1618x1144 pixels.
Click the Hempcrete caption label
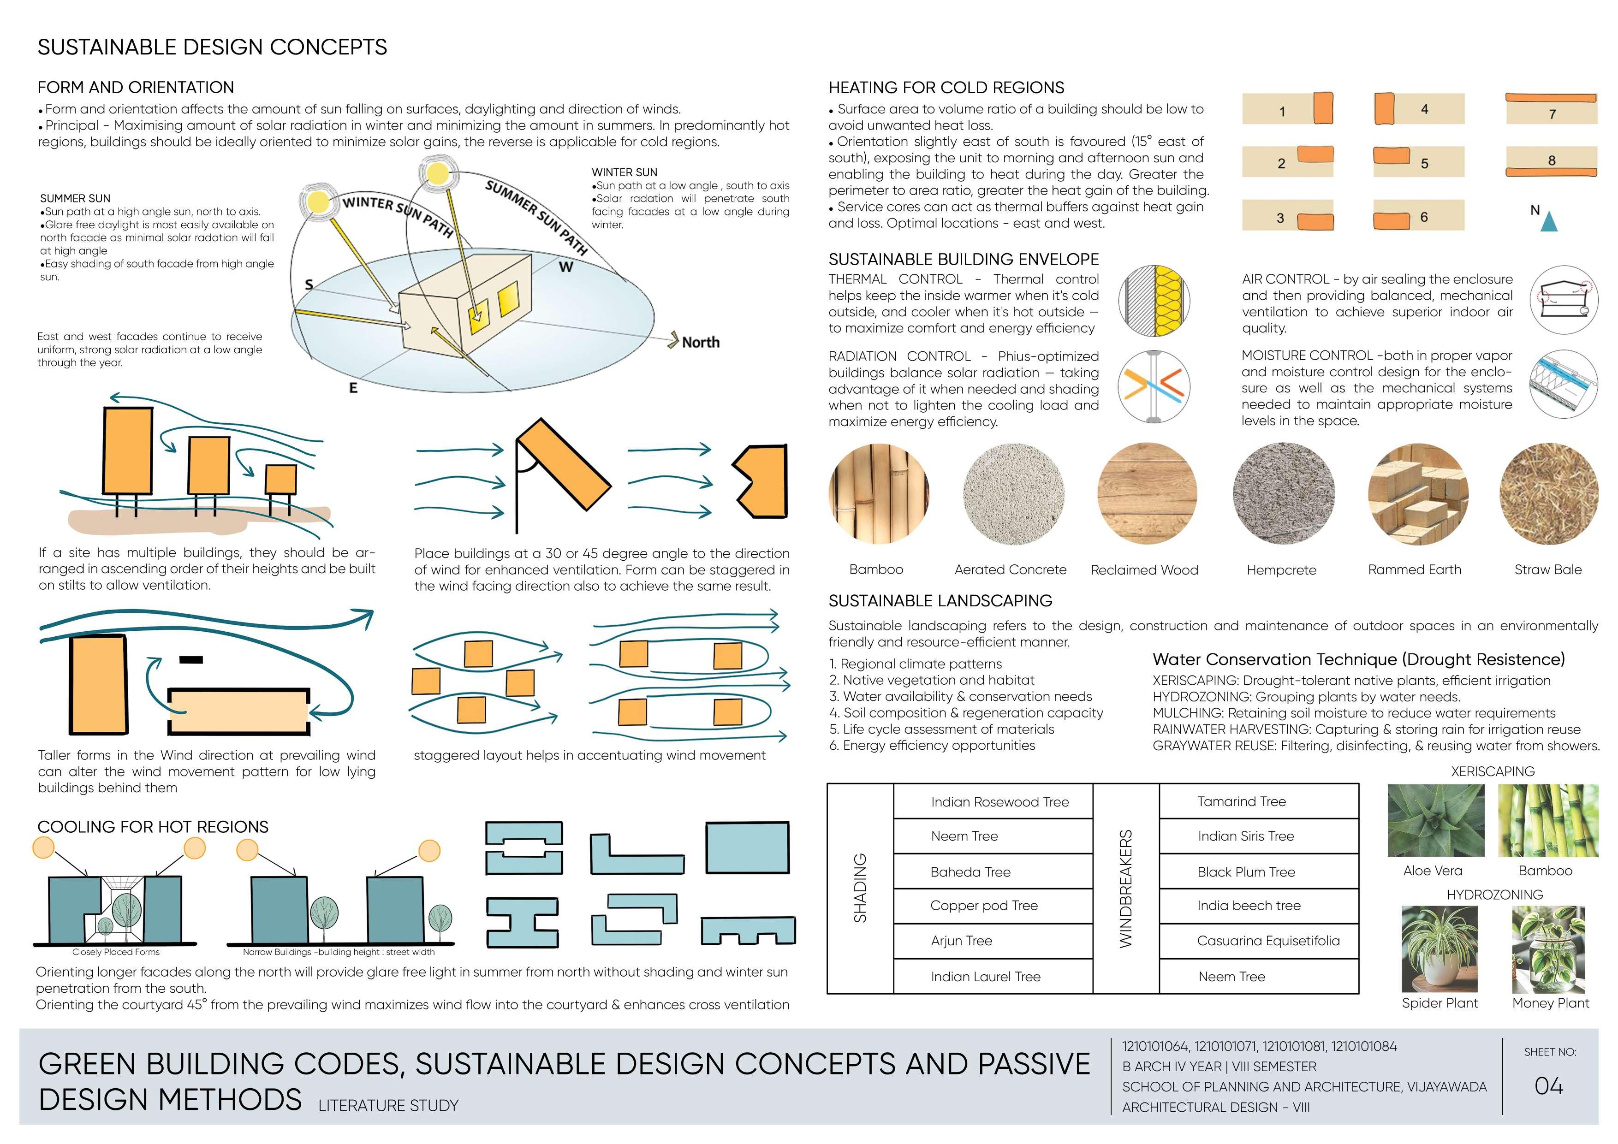(x=1281, y=570)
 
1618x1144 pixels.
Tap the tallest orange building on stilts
(x=128, y=451)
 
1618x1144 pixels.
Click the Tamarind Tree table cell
(x=1241, y=802)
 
